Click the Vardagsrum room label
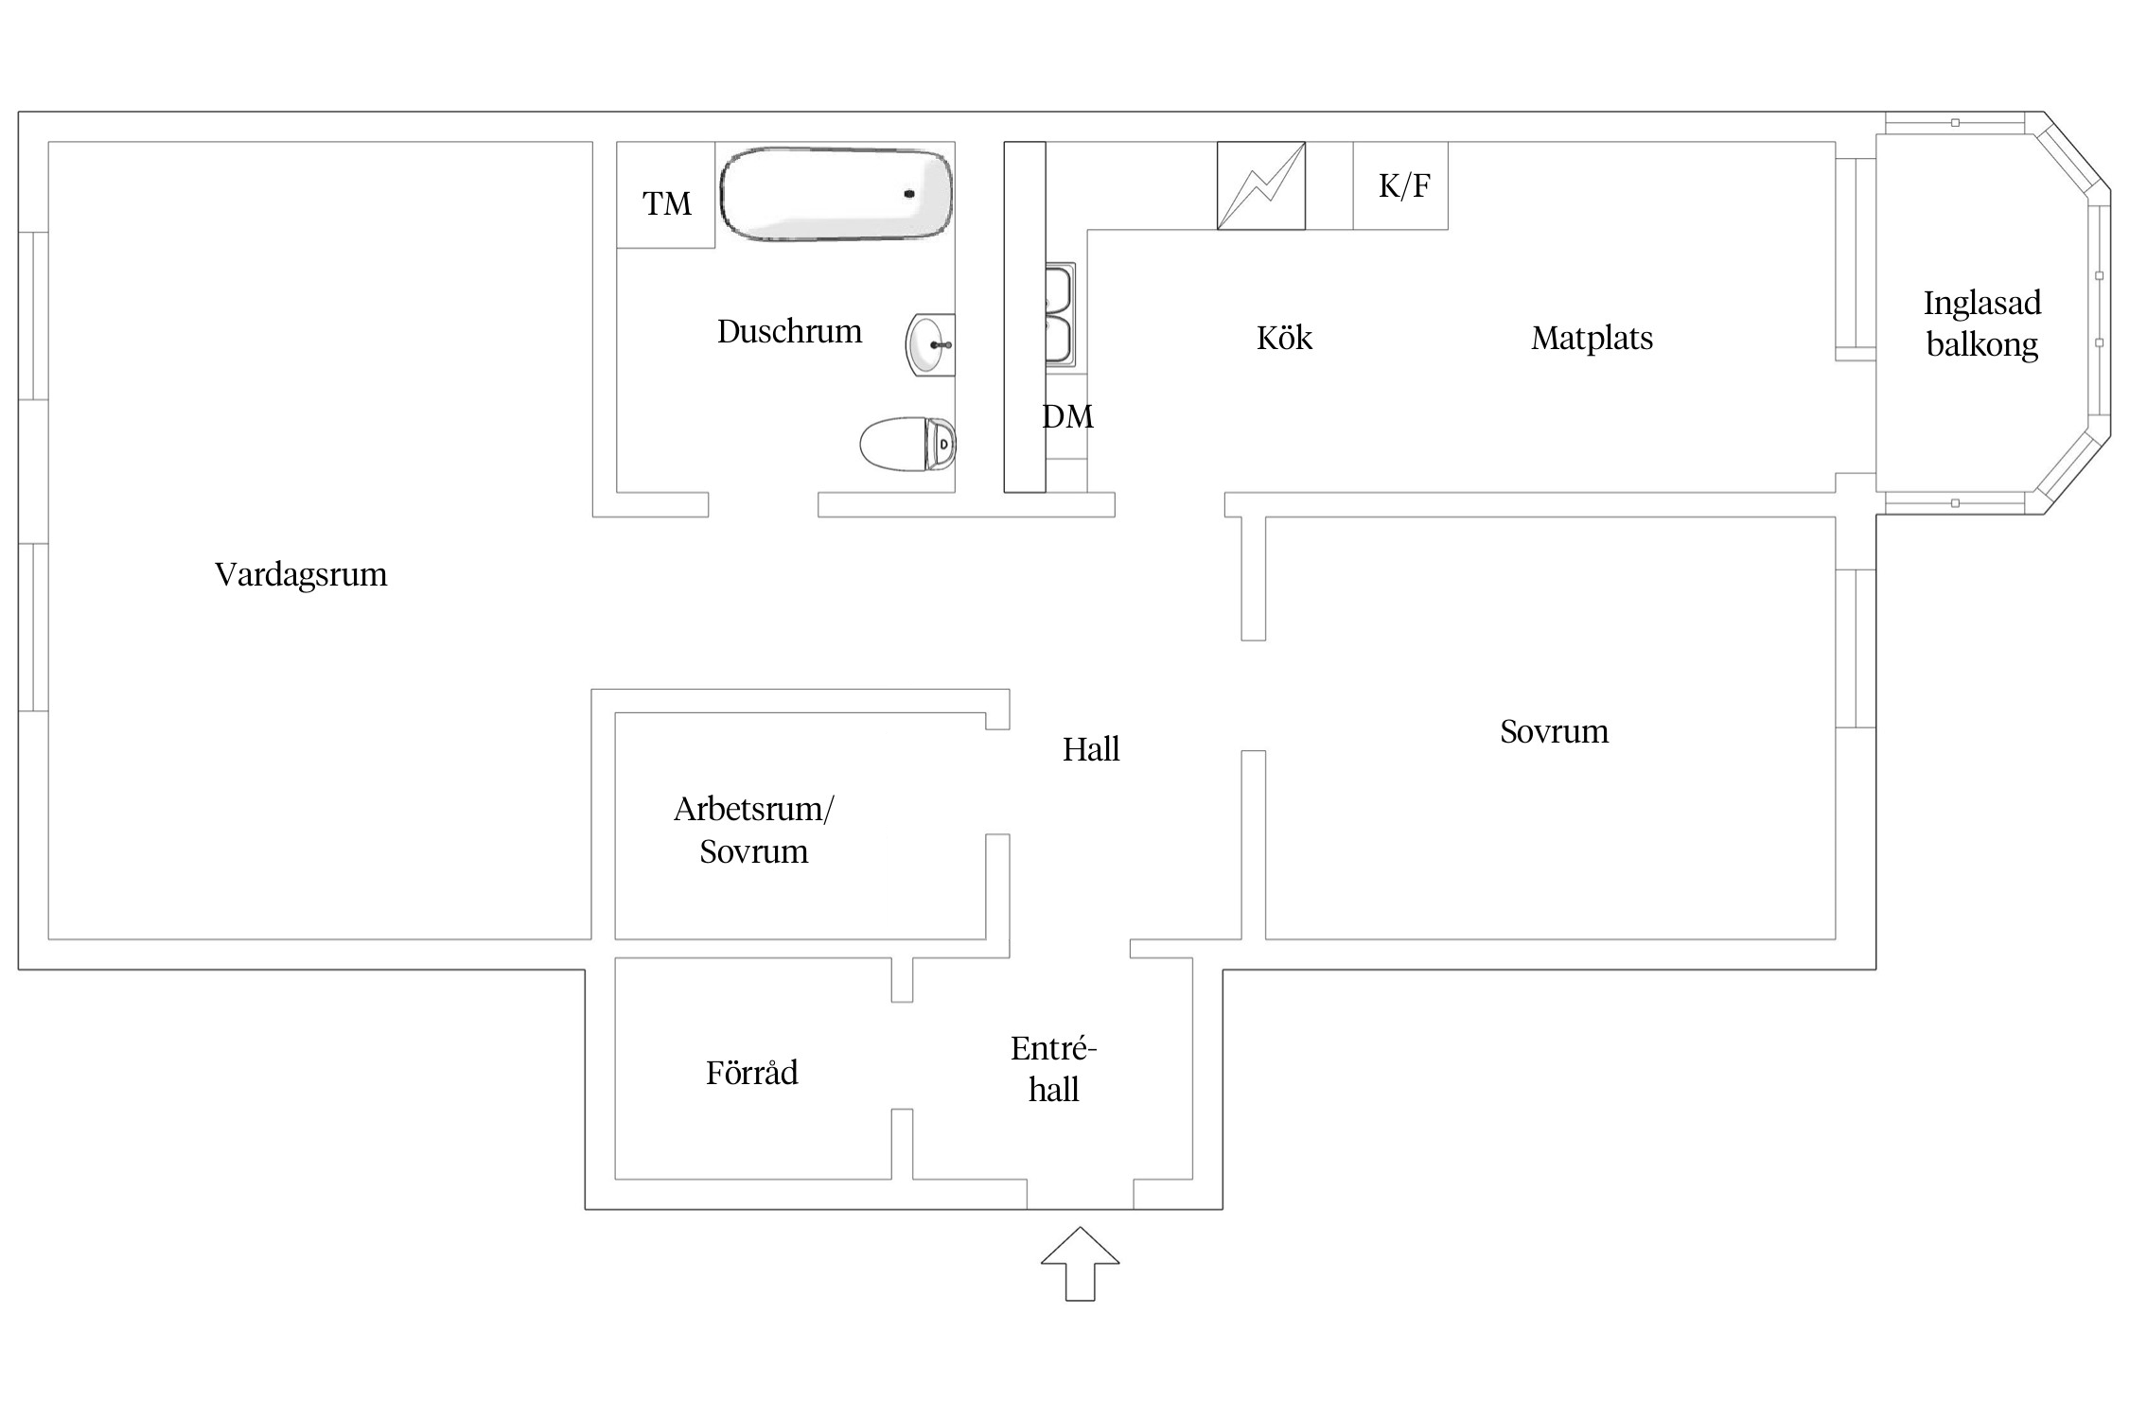pyautogui.click(x=301, y=574)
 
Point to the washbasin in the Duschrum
pyautogui.click(x=930, y=345)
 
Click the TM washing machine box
pyautogui.click(x=666, y=202)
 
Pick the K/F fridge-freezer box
pyautogui.click(x=1403, y=185)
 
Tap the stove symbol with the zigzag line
pyautogui.click(x=1260, y=185)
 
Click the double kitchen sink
pyautogui.click(x=1059, y=315)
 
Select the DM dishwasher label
pyautogui.click(x=1067, y=416)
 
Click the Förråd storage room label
pyautogui.click(x=752, y=1073)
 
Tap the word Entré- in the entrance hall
pyautogui.click(x=1053, y=1048)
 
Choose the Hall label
pyautogui.click(x=1090, y=749)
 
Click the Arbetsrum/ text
pyautogui.click(x=753, y=809)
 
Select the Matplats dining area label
pyautogui.click(x=1592, y=338)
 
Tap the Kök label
pyautogui.click(x=1284, y=338)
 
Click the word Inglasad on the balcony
pyautogui.click(x=1981, y=303)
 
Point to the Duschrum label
pyautogui.click(x=789, y=331)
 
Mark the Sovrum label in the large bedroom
pyautogui.click(x=1554, y=731)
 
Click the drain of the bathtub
pyautogui.click(x=909, y=194)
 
